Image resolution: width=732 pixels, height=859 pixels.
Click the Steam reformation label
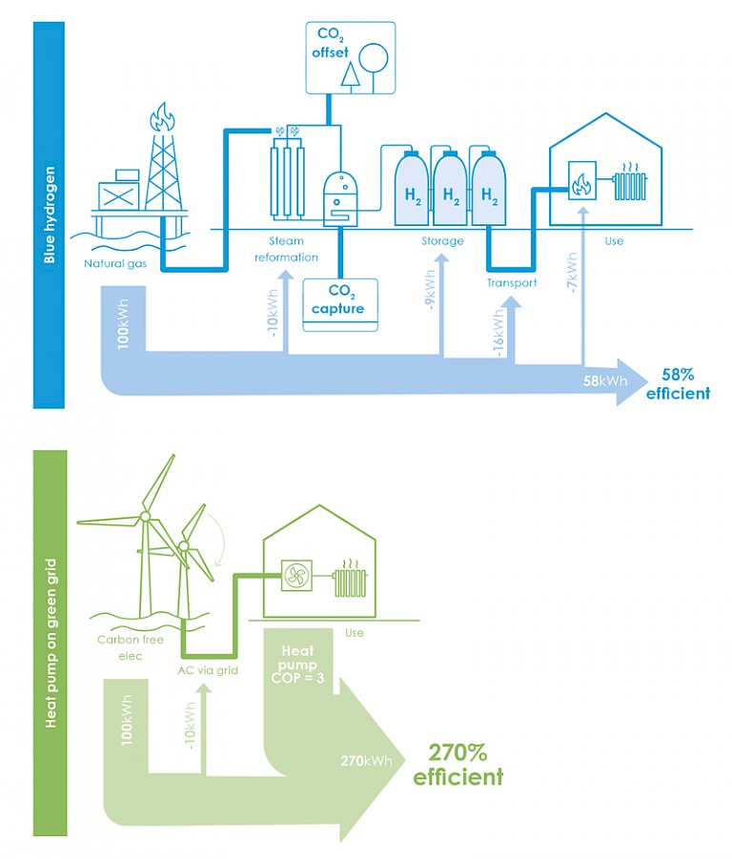click(286, 248)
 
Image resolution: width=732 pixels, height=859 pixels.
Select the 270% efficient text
click(457, 765)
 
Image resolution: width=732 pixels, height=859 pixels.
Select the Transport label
click(512, 282)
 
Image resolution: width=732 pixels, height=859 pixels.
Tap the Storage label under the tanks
click(442, 241)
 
